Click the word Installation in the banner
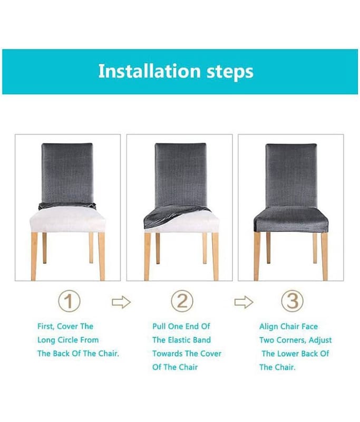pos(150,71)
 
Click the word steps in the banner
pos(230,72)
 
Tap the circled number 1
pos(69,301)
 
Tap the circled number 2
pos(182,301)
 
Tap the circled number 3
pos(292,301)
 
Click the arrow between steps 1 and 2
pos(121,302)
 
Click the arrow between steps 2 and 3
pos(244,302)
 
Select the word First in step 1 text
pos(46,327)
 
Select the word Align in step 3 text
pos(269,327)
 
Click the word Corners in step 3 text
pos(291,340)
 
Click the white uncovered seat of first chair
pos(67,220)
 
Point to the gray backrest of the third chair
pos(291,176)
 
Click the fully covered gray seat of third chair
pos(291,220)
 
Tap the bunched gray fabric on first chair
pos(67,206)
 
